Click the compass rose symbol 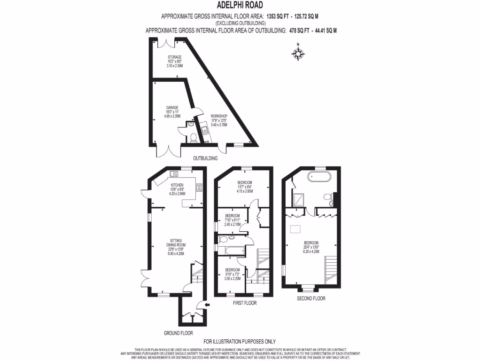[x=298, y=53]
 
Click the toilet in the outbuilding [x=193, y=137]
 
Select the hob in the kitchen [x=199, y=187]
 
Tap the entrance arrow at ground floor [x=208, y=305]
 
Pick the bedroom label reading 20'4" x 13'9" [x=311, y=247]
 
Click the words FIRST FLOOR [x=244, y=303]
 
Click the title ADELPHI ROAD [x=240, y=6]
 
